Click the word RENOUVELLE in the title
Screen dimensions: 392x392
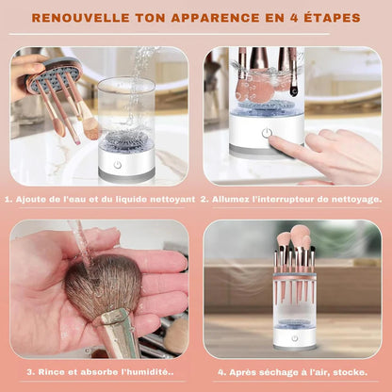coord(81,18)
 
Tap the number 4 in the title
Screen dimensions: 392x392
coord(294,18)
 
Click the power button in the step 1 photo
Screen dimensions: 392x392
coord(118,165)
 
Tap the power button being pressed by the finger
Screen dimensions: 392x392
coord(267,133)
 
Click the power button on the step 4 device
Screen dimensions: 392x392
coord(294,338)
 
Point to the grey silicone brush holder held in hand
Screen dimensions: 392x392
coord(56,74)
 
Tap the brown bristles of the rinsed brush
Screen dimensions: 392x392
coord(103,286)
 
